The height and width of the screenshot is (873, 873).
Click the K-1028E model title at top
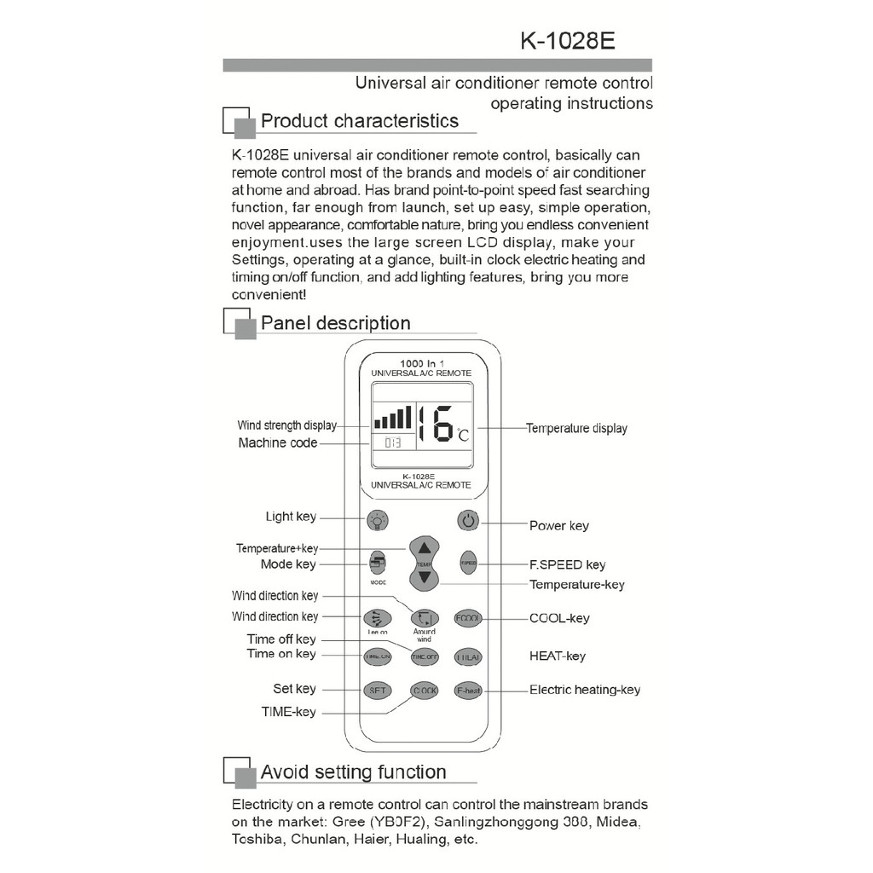[567, 41]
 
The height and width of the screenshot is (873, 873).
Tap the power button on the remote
[468, 520]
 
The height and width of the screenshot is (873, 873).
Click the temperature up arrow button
[425, 548]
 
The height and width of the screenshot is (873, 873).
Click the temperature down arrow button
[425, 578]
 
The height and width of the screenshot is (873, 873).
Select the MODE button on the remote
[378, 563]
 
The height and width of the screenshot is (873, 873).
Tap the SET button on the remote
[377, 691]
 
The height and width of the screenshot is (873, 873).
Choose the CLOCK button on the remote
[424, 691]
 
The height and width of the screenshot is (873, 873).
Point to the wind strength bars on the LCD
[392, 418]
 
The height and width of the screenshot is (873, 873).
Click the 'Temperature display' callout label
[576, 428]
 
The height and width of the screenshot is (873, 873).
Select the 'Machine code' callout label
[277, 443]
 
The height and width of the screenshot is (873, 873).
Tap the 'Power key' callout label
[558, 526]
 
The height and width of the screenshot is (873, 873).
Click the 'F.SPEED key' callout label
[567, 564]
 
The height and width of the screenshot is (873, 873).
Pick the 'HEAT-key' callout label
[557, 656]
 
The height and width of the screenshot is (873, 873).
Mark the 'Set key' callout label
[294, 689]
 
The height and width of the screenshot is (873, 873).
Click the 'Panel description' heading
[335, 323]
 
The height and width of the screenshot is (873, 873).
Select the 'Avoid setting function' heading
[353, 772]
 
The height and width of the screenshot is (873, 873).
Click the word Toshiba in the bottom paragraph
[257, 839]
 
